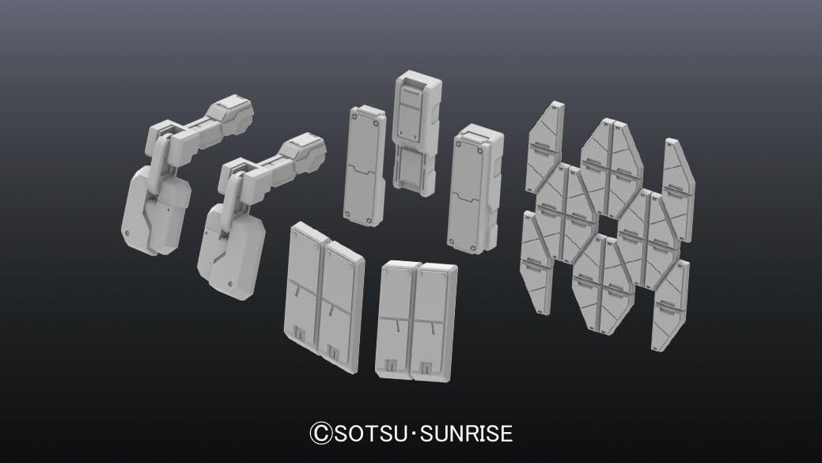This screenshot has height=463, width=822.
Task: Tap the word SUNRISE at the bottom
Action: click(x=466, y=434)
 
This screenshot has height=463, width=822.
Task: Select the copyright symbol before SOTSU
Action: click(x=321, y=434)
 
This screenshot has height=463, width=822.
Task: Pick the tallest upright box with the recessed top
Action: click(x=417, y=134)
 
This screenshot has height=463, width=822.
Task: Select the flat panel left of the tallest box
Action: click(x=365, y=165)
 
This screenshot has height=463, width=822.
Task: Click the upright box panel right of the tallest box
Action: click(x=475, y=189)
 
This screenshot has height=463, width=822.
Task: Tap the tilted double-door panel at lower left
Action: click(x=324, y=298)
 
